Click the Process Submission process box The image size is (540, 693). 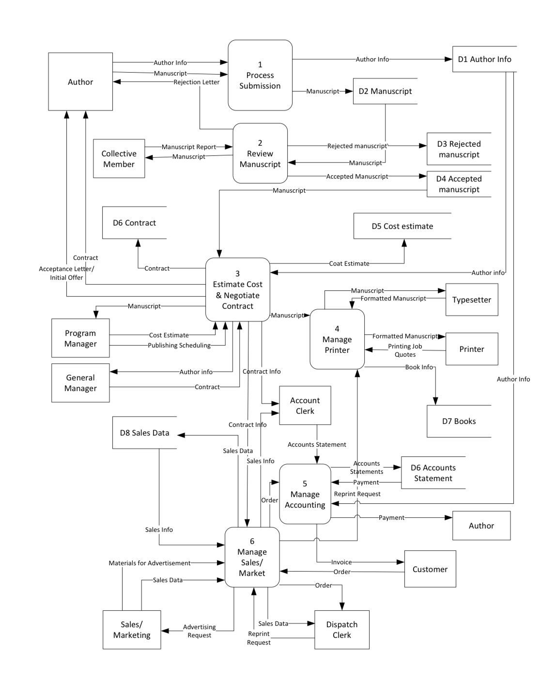260,75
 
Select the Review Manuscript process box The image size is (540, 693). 260,153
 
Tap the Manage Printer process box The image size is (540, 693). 337,339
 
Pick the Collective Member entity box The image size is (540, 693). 119,159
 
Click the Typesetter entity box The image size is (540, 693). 472,300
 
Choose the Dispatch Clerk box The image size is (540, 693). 341,630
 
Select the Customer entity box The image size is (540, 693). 430,569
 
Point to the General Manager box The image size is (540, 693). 80,383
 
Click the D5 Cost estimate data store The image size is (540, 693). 402,226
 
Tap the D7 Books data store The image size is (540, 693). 459,421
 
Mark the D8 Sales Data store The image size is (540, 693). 144,433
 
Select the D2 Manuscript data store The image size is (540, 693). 385,91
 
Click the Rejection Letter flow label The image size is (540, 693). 196,82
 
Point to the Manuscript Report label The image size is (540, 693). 189,147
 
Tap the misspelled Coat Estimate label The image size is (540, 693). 349,264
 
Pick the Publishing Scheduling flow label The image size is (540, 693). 179,346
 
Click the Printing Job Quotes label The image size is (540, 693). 405,350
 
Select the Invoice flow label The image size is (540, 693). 341,562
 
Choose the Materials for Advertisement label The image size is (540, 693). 150,563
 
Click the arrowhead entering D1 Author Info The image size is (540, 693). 448,59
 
